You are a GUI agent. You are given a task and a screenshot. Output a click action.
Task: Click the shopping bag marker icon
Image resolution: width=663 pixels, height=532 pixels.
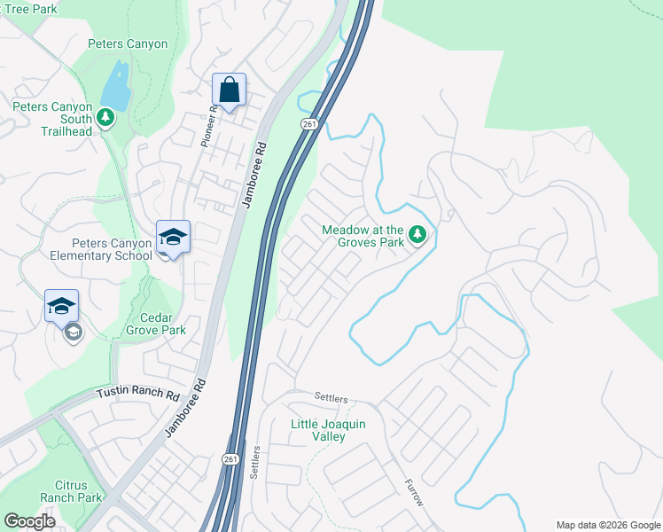[229, 90]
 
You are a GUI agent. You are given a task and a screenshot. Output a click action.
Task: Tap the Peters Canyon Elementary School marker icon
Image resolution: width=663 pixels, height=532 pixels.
[173, 237]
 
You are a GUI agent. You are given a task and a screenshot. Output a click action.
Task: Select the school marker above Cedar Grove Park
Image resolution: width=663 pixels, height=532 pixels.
[61, 306]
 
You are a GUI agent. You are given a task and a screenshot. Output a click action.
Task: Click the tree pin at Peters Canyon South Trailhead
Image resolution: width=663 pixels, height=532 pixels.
[105, 117]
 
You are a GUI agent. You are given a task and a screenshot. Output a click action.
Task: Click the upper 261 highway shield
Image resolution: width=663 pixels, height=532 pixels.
[308, 125]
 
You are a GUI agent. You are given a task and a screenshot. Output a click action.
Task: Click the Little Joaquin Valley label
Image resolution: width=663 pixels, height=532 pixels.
[328, 431]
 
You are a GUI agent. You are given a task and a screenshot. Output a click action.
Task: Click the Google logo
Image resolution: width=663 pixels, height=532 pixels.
[29, 521]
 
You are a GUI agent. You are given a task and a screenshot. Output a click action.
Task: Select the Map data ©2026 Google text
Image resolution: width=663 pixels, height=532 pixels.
[607, 525]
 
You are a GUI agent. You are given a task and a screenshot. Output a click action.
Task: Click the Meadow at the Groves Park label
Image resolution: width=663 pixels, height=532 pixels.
[363, 235]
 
